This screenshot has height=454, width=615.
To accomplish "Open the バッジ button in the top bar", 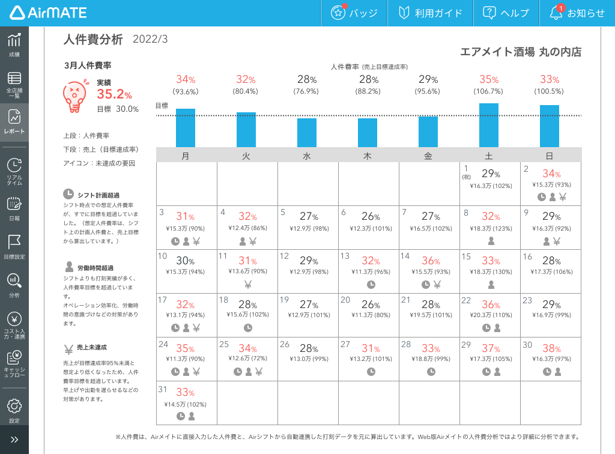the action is tap(354, 13).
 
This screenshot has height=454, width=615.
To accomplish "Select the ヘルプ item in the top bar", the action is tap(506, 13).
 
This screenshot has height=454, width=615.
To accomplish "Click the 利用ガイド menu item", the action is tap(430, 13).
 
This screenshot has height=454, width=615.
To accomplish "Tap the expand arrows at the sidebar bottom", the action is tap(14, 440).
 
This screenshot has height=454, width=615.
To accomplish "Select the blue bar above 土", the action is tap(489, 126).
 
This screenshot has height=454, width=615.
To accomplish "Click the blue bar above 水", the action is tap(307, 133).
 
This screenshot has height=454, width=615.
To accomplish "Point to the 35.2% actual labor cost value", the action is tap(114, 94).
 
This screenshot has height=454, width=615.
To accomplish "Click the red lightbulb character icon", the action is tap(74, 96).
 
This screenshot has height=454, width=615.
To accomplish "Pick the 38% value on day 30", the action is tap(551, 348).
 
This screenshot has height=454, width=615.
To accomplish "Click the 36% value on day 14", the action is tap(431, 261).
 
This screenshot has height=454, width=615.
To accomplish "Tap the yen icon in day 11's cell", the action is tap(248, 284).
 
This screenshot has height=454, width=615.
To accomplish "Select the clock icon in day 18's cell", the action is tap(248, 328).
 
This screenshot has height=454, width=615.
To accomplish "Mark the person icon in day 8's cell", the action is tap(491, 241).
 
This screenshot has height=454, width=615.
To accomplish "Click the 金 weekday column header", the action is tap(428, 156).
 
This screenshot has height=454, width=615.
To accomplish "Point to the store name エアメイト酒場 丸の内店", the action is tap(521, 52).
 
